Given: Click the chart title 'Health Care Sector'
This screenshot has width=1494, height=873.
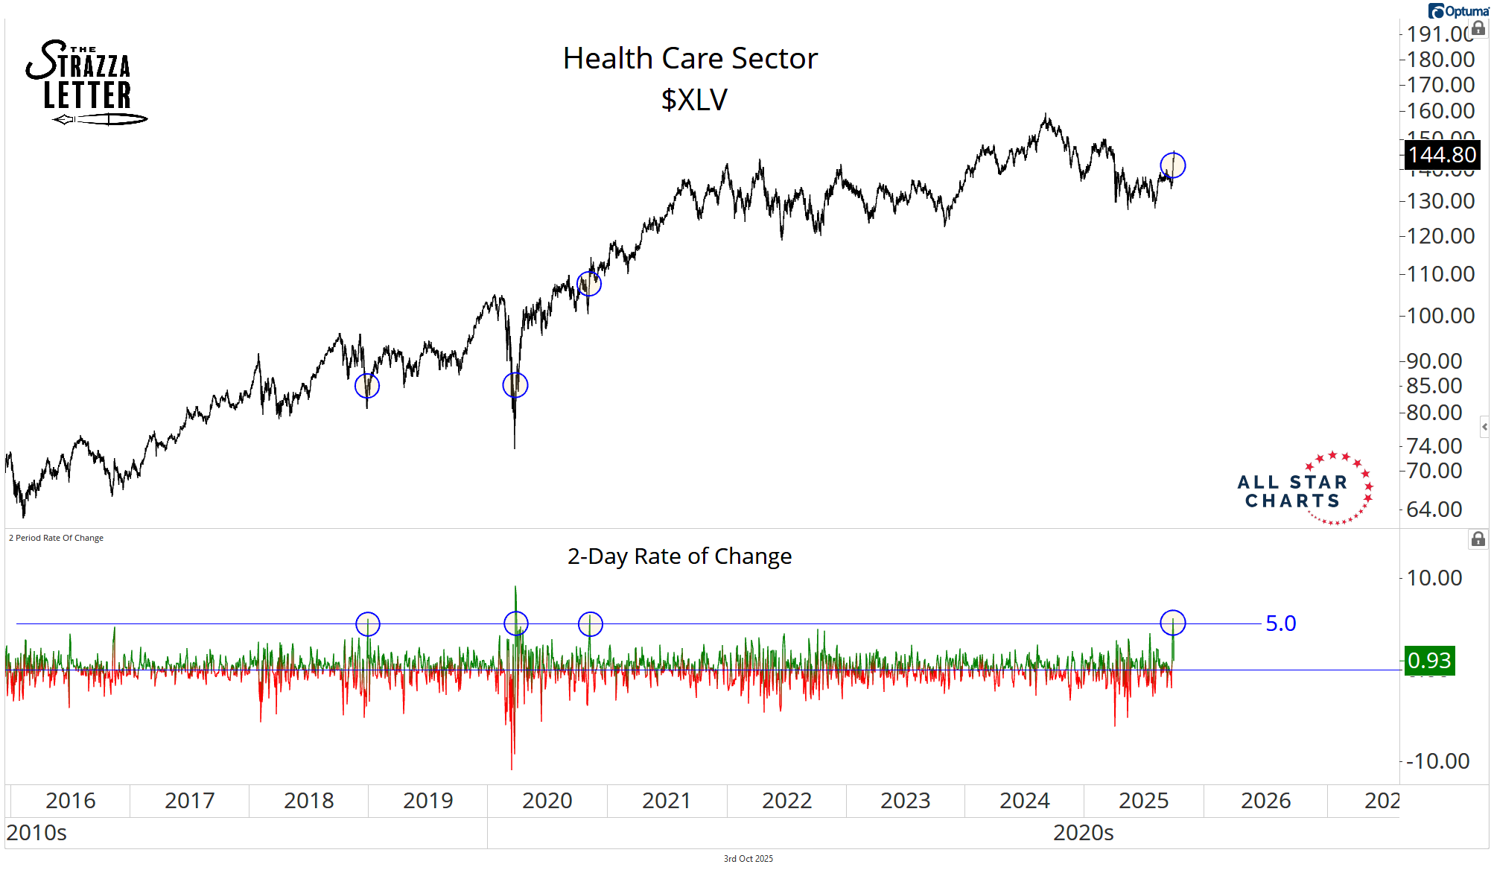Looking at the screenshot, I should (690, 58).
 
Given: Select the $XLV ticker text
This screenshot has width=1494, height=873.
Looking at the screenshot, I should (694, 100).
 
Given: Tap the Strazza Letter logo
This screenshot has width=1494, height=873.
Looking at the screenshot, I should (86, 83).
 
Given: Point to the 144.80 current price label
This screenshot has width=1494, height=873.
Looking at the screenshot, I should (1442, 155).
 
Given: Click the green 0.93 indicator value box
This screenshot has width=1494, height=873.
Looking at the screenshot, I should (1429, 661).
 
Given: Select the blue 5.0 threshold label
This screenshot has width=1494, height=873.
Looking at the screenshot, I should (1281, 623).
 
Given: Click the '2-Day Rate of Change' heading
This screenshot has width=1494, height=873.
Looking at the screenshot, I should (679, 556).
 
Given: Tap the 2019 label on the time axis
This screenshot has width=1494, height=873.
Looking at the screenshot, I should (427, 801).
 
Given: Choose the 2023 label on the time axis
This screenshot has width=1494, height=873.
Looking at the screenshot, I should (905, 801).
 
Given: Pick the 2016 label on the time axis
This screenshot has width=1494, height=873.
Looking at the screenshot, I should (70, 801).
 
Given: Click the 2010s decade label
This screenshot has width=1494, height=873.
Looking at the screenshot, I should (36, 833).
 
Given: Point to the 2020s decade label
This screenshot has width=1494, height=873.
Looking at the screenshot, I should (1083, 833).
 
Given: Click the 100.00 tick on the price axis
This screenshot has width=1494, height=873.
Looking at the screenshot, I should (1440, 316).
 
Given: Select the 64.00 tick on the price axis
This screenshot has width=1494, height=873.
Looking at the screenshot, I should (1434, 509).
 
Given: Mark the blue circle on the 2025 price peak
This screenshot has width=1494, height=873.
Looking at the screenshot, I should (1173, 165).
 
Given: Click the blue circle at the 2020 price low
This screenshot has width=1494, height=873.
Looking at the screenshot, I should (515, 385).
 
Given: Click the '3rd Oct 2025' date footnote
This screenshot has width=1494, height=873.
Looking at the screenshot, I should (748, 859).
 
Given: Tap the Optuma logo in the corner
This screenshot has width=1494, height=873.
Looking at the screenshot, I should (1458, 11).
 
